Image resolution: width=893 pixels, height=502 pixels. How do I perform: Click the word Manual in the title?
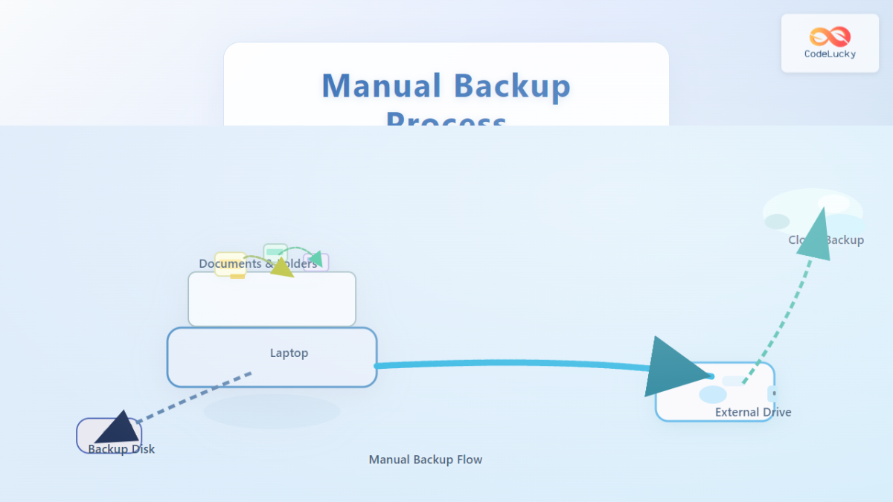[x=381, y=86]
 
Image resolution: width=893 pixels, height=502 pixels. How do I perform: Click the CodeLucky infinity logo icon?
[x=830, y=36]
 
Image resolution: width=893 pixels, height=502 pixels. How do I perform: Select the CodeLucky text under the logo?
[x=830, y=54]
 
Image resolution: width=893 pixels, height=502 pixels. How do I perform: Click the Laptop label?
[x=289, y=353]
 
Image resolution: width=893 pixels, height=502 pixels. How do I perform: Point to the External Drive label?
[x=753, y=412]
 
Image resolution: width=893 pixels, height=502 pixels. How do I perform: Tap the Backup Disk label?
[x=121, y=449]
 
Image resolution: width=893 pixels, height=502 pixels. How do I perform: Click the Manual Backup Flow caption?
[x=426, y=460]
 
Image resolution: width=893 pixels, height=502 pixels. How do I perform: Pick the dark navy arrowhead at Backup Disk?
[x=118, y=428]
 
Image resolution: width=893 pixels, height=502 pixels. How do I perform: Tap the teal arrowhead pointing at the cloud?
[x=815, y=234]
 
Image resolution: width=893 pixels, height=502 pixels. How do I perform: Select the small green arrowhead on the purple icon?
[x=316, y=260]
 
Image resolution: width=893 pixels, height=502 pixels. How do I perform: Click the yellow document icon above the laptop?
[x=230, y=264]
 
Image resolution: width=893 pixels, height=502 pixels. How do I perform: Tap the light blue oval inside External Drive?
[x=712, y=395]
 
